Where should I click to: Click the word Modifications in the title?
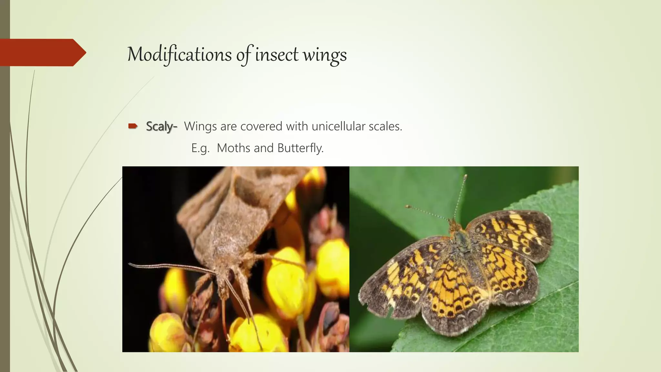click(x=179, y=54)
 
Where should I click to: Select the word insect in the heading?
click(x=277, y=54)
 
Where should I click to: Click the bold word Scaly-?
click(x=161, y=126)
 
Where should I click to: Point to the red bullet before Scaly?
click(x=133, y=126)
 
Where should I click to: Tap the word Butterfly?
click(x=300, y=148)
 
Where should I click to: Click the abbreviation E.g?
click(x=200, y=148)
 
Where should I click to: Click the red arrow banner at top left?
click(x=42, y=52)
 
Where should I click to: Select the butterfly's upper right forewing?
click(x=513, y=232)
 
